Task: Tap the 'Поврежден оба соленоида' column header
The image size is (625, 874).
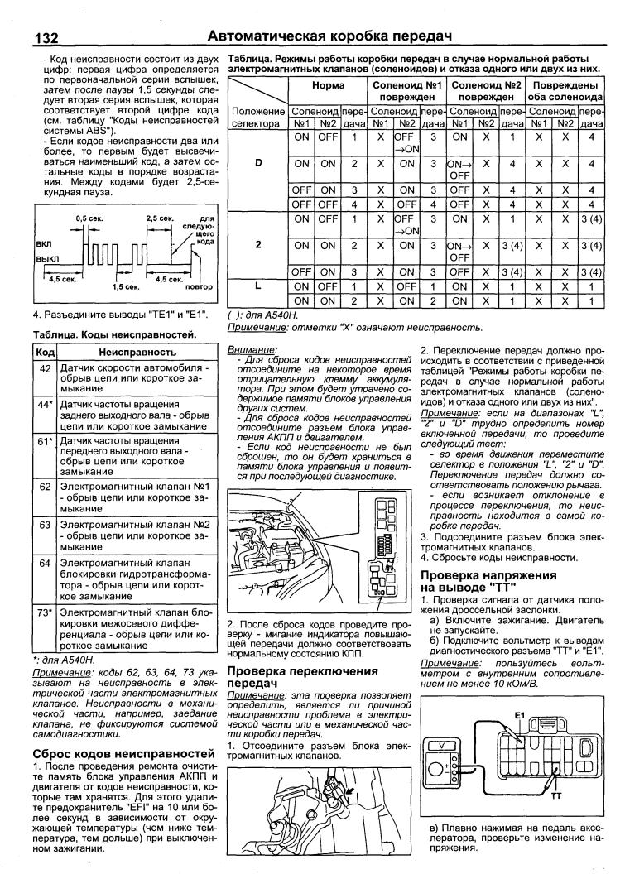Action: click(566, 91)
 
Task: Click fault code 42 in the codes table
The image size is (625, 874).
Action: click(45, 367)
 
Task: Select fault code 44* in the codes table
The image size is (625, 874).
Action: click(46, 403)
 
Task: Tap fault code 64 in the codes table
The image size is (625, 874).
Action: click(45, 564)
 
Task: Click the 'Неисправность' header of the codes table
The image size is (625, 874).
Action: click(132, 351)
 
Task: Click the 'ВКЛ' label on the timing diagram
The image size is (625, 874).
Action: click(43, 244)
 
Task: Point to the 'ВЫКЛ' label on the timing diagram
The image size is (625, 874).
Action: click(46, 258)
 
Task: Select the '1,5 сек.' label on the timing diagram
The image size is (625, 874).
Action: click(127, 286)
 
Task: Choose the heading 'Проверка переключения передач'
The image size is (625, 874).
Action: click(301, 676)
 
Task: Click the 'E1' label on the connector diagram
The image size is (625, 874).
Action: click(520, 713)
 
